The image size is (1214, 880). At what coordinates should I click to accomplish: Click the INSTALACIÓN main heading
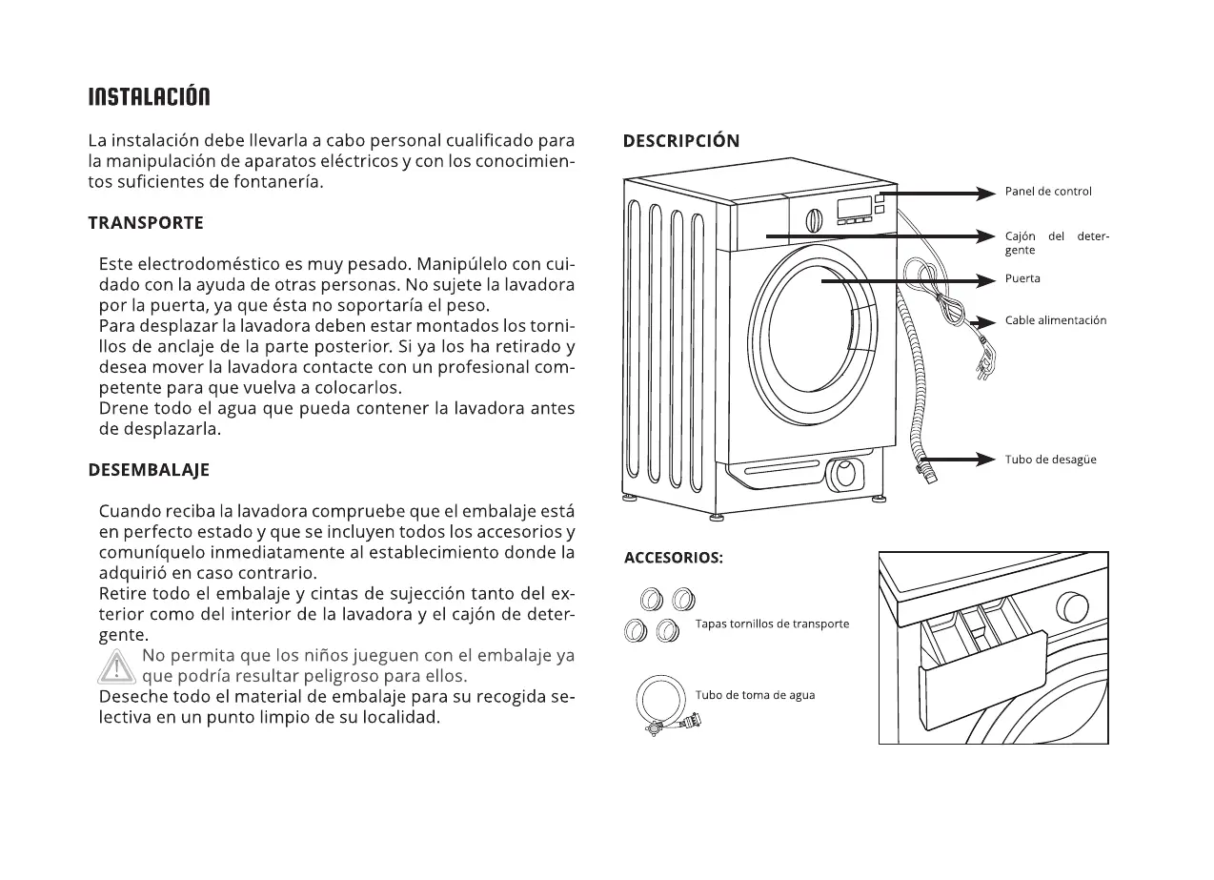click(149, 97)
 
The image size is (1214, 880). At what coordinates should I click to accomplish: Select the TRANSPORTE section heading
click(146, 223)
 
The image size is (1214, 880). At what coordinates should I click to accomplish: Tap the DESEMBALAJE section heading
click(149, 470)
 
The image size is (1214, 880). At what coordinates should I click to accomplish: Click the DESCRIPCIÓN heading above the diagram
click(681, 141)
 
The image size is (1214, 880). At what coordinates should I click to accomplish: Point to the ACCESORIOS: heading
click(674, 558)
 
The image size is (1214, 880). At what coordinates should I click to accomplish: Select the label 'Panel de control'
click(1048, 192)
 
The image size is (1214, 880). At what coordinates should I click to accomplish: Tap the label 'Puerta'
click(1022, 278)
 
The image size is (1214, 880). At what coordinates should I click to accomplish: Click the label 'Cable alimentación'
click(1056, 320)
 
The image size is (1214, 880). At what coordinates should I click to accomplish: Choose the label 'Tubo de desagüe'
click(1050, 460)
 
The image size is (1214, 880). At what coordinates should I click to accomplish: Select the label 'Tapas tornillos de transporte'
click(772, 624)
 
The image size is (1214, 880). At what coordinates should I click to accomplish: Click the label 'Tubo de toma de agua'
click(755, 695)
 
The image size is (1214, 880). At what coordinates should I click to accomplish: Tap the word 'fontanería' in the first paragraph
click(279, 182)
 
